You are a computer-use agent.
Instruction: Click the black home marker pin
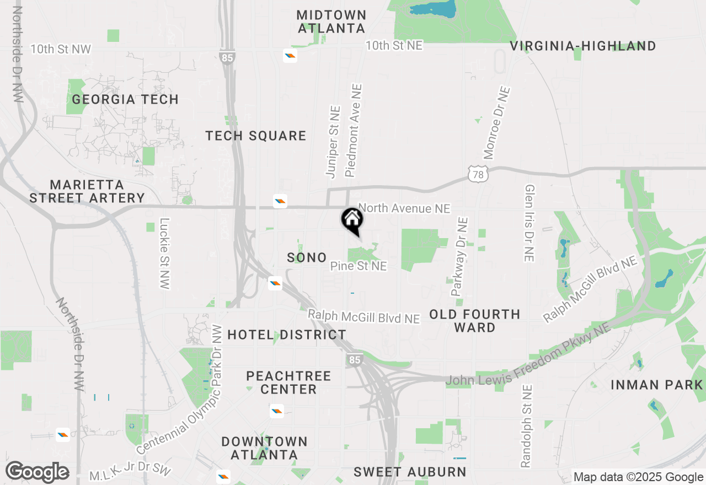(x=352, y=220)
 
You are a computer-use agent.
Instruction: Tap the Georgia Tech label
(x=125, y=100)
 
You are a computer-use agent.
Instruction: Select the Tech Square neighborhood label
(x=256, y=136)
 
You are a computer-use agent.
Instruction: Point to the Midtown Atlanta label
(x=331, y=21)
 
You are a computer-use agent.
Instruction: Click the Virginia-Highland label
(x=583, y=46)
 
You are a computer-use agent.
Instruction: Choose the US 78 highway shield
(x=478, y=173)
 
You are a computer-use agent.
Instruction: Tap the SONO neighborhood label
(x=307, y=257)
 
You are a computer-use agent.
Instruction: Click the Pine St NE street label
(x=359, y=266)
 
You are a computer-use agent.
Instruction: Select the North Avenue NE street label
(x=404, y=208)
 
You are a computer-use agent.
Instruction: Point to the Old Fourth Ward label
(x=475, y=321)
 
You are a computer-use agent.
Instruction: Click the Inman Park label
(x=657, y=385)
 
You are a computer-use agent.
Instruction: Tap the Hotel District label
(x=287, y=335)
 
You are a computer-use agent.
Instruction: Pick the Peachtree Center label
(x=288, y=382)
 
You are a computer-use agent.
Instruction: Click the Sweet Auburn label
(x=410, y=472)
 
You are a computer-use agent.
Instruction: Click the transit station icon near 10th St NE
(x=290, y=55)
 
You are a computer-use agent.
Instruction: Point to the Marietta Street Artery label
(x=87, y=191)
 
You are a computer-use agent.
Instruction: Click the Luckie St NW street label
(x=164, y=254)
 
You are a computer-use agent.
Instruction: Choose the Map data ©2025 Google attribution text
(x=638, y=477)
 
